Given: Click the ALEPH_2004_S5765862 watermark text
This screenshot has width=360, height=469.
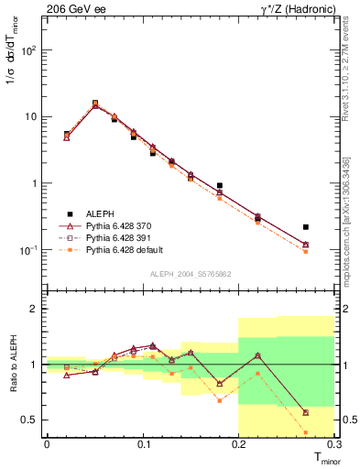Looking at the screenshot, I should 191,273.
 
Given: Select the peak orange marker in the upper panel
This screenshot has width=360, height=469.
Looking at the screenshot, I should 95,103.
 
